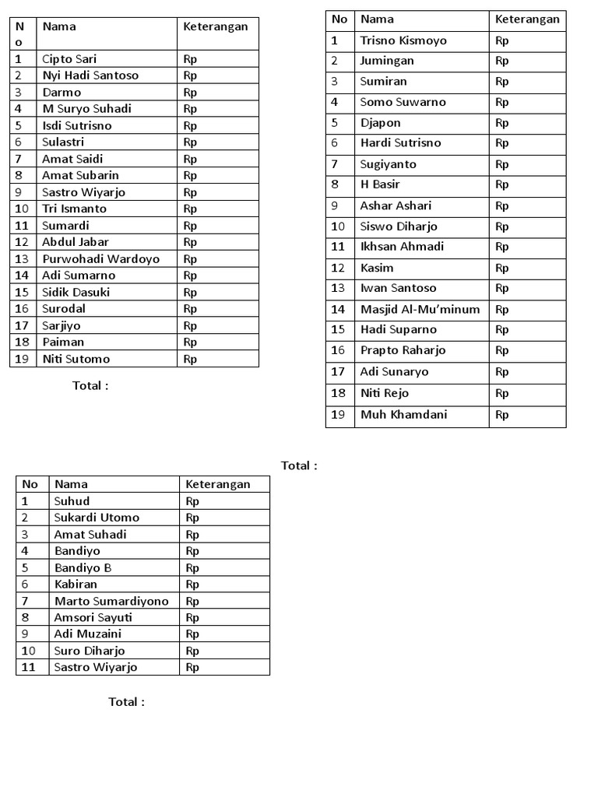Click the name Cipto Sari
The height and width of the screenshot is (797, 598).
(69, 58)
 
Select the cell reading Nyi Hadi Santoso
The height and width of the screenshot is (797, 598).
(90, 75)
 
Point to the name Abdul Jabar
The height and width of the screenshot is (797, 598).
(76, 242)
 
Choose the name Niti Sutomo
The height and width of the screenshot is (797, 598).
(76, 359)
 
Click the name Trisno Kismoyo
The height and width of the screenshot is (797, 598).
(403, 40)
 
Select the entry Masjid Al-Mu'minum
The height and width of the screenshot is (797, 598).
(420, 309)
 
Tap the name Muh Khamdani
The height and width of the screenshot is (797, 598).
(403, 414)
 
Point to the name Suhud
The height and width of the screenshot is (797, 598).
(72, 501)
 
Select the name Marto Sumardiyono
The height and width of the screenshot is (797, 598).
(111, 601)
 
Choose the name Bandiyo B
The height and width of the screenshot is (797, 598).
(83, 567)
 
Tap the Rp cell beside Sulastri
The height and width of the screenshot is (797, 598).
(190, 142)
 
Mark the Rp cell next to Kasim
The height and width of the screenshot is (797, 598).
(501, 268)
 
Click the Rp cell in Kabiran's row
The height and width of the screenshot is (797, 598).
(192, 585)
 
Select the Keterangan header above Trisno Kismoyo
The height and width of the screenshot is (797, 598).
(527, 19)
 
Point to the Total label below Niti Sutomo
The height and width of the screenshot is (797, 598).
(90, 385)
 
